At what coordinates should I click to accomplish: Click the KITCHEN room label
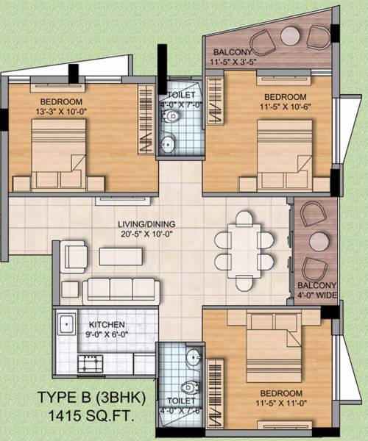point(107,325)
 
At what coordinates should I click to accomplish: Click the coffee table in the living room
point(121,256)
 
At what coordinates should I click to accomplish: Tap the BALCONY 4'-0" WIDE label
point(317,291)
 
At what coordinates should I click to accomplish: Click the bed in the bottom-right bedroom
point(274,345)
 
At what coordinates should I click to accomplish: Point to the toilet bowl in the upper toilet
point(169,143)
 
